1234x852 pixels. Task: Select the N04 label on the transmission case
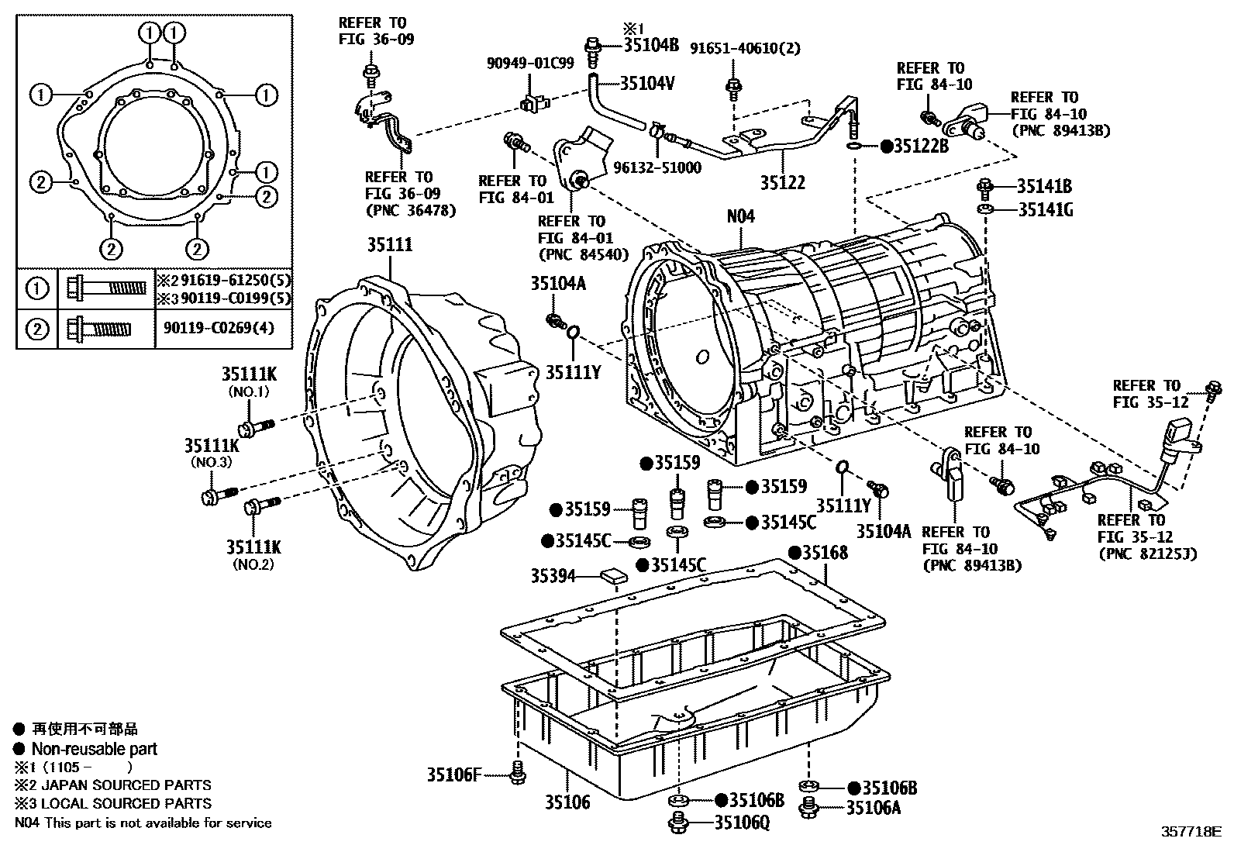coord(740,216)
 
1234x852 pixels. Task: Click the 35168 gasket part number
coord(824,553)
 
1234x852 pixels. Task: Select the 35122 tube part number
coord(782,183)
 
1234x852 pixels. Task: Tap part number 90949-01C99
coord(530,64)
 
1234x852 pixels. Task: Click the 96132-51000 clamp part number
coord(657,168)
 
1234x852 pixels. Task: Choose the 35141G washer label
coord(1045,209)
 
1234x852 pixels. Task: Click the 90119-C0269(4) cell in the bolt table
coord(219,329)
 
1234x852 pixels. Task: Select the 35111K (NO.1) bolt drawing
coord(256,426)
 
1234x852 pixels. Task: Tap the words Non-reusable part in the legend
coord(94,749)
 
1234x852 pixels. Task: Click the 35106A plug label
coord(874,808)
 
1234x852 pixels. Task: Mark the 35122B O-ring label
coord(920,146)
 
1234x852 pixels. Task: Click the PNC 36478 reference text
coord(410,211)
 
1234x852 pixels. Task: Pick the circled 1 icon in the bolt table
coord(36,288)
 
